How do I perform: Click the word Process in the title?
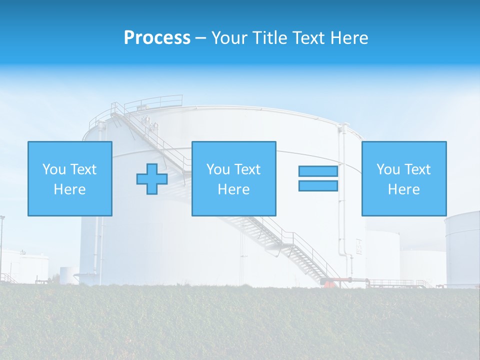[157, 38]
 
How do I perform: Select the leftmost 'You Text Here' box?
[70, 178]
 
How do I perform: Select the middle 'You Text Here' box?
[233, 178]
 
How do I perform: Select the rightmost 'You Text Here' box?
[403, 178]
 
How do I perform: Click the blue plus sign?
[152, 178]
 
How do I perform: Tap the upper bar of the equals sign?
[318, 171]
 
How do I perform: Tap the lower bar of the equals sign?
[318, 185]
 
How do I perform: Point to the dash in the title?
[201, 38]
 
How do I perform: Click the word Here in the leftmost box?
[70, 189]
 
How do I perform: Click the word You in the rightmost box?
[388, 169]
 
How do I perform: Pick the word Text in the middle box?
[247, 169]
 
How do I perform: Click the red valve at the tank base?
[327, 283]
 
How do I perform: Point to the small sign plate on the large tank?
[358, 245]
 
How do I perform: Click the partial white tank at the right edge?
[463, 250]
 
